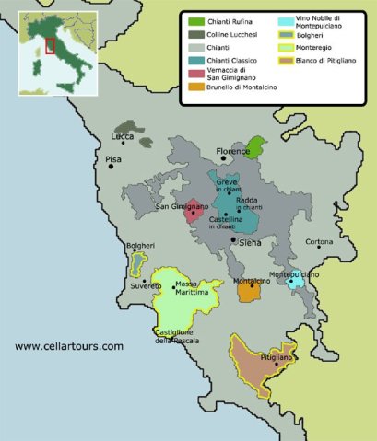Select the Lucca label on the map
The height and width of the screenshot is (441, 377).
[122, 136]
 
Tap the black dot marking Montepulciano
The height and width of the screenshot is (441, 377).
[290, 282]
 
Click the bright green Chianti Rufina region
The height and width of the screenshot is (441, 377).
[258, 145]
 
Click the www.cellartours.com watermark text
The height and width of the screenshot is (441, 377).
[68, 346]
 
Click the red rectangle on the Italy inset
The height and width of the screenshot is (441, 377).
[50, 44]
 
